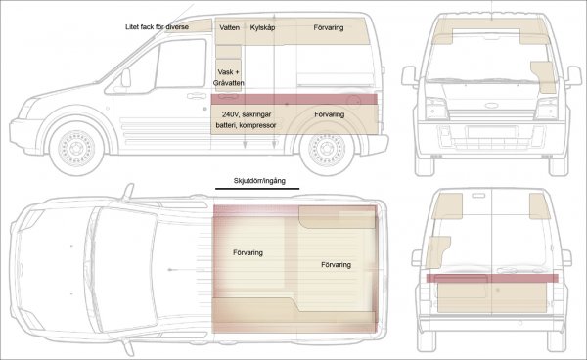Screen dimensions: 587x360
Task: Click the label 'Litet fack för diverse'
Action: click(x=157, y=27)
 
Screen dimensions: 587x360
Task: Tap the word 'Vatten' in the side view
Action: click(x=230, y=27)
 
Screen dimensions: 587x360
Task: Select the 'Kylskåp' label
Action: click(x=262, y=27)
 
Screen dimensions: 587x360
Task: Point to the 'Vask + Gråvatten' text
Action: click(x=228, y=77)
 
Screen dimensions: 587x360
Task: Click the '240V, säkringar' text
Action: click(x=247, y=114)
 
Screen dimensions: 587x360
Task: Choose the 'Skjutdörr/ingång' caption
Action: click(x=259, y=181)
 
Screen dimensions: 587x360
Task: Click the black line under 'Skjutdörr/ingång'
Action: click(x=257, y=189)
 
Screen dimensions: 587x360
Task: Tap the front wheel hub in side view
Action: click(x=76, y=148)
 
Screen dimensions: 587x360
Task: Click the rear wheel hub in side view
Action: click(x=327, y=149)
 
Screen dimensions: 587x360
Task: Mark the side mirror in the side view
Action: click(x=126, y=78)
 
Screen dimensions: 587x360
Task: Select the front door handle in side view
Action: click(x=197, y=96)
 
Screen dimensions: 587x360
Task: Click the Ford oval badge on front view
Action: click(x=491, y=105)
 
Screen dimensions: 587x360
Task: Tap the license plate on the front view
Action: click(x=492, y=132)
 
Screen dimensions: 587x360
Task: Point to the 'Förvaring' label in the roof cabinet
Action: click(x=329, y=27)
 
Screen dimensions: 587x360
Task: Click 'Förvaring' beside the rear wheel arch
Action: click(x=330, y=114)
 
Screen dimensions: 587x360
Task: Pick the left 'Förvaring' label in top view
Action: click(x=248, y=253)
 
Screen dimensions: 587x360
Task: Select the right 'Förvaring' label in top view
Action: click(x=337, y=265)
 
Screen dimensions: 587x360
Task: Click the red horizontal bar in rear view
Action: click(x=492, y=278)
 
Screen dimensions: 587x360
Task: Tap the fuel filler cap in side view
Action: click(x=352, y=100)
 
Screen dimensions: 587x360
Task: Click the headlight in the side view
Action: click(x=25, y=109)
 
